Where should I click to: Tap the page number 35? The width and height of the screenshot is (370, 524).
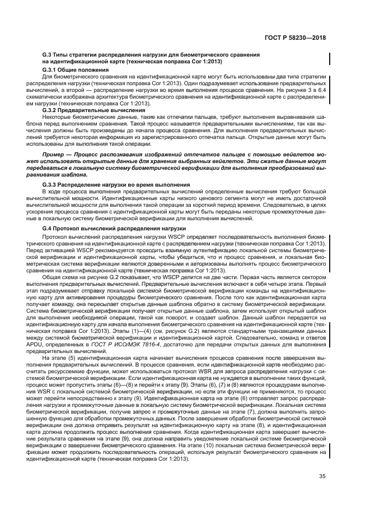(x=322, y=477)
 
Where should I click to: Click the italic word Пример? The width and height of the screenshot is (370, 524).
(x=55, y=153)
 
